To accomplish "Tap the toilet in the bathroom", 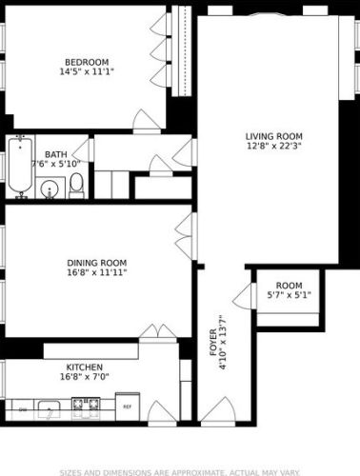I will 77,184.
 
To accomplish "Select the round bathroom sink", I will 50,188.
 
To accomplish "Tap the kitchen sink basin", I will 49,409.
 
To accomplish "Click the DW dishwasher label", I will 22,409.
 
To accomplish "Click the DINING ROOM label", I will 96,262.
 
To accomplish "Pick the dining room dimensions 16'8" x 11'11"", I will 96,272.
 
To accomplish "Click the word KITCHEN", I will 85,367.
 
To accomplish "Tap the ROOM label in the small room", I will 289,285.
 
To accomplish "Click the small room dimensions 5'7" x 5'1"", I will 289,295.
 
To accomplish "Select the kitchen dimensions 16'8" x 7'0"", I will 85,378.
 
